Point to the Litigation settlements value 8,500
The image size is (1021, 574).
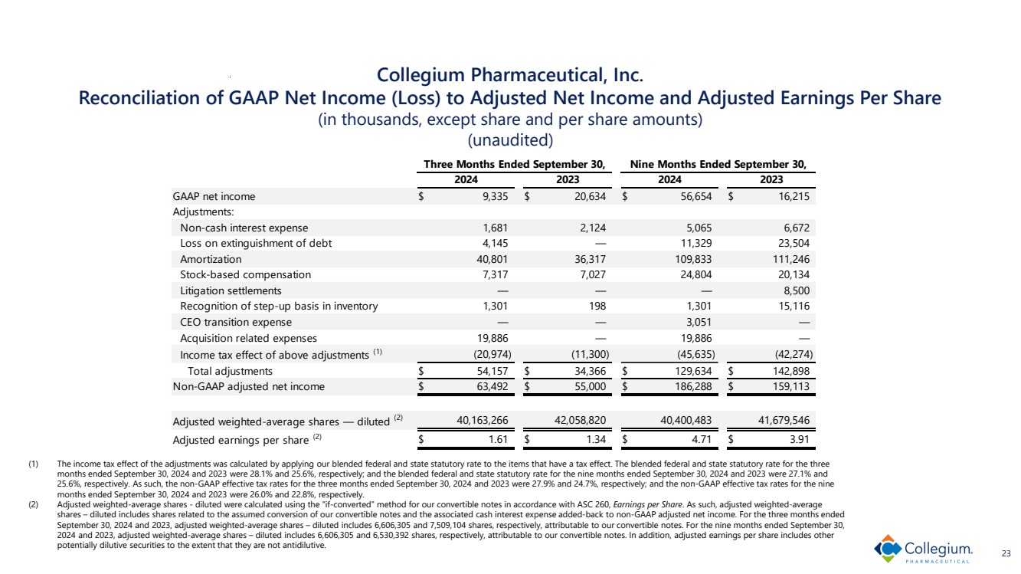(x=796, y=290)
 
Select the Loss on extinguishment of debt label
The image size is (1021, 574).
(x=256, y=244)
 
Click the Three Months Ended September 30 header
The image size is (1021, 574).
(x=515, y=164)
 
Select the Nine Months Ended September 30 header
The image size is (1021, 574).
(x=718, y=164)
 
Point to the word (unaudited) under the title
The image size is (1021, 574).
(x=510, y=141)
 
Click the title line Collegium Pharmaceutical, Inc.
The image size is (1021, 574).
(x=510, y=76)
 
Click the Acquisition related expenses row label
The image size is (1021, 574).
(x=248, y=338)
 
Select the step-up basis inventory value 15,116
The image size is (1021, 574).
(x=792, y=307)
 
